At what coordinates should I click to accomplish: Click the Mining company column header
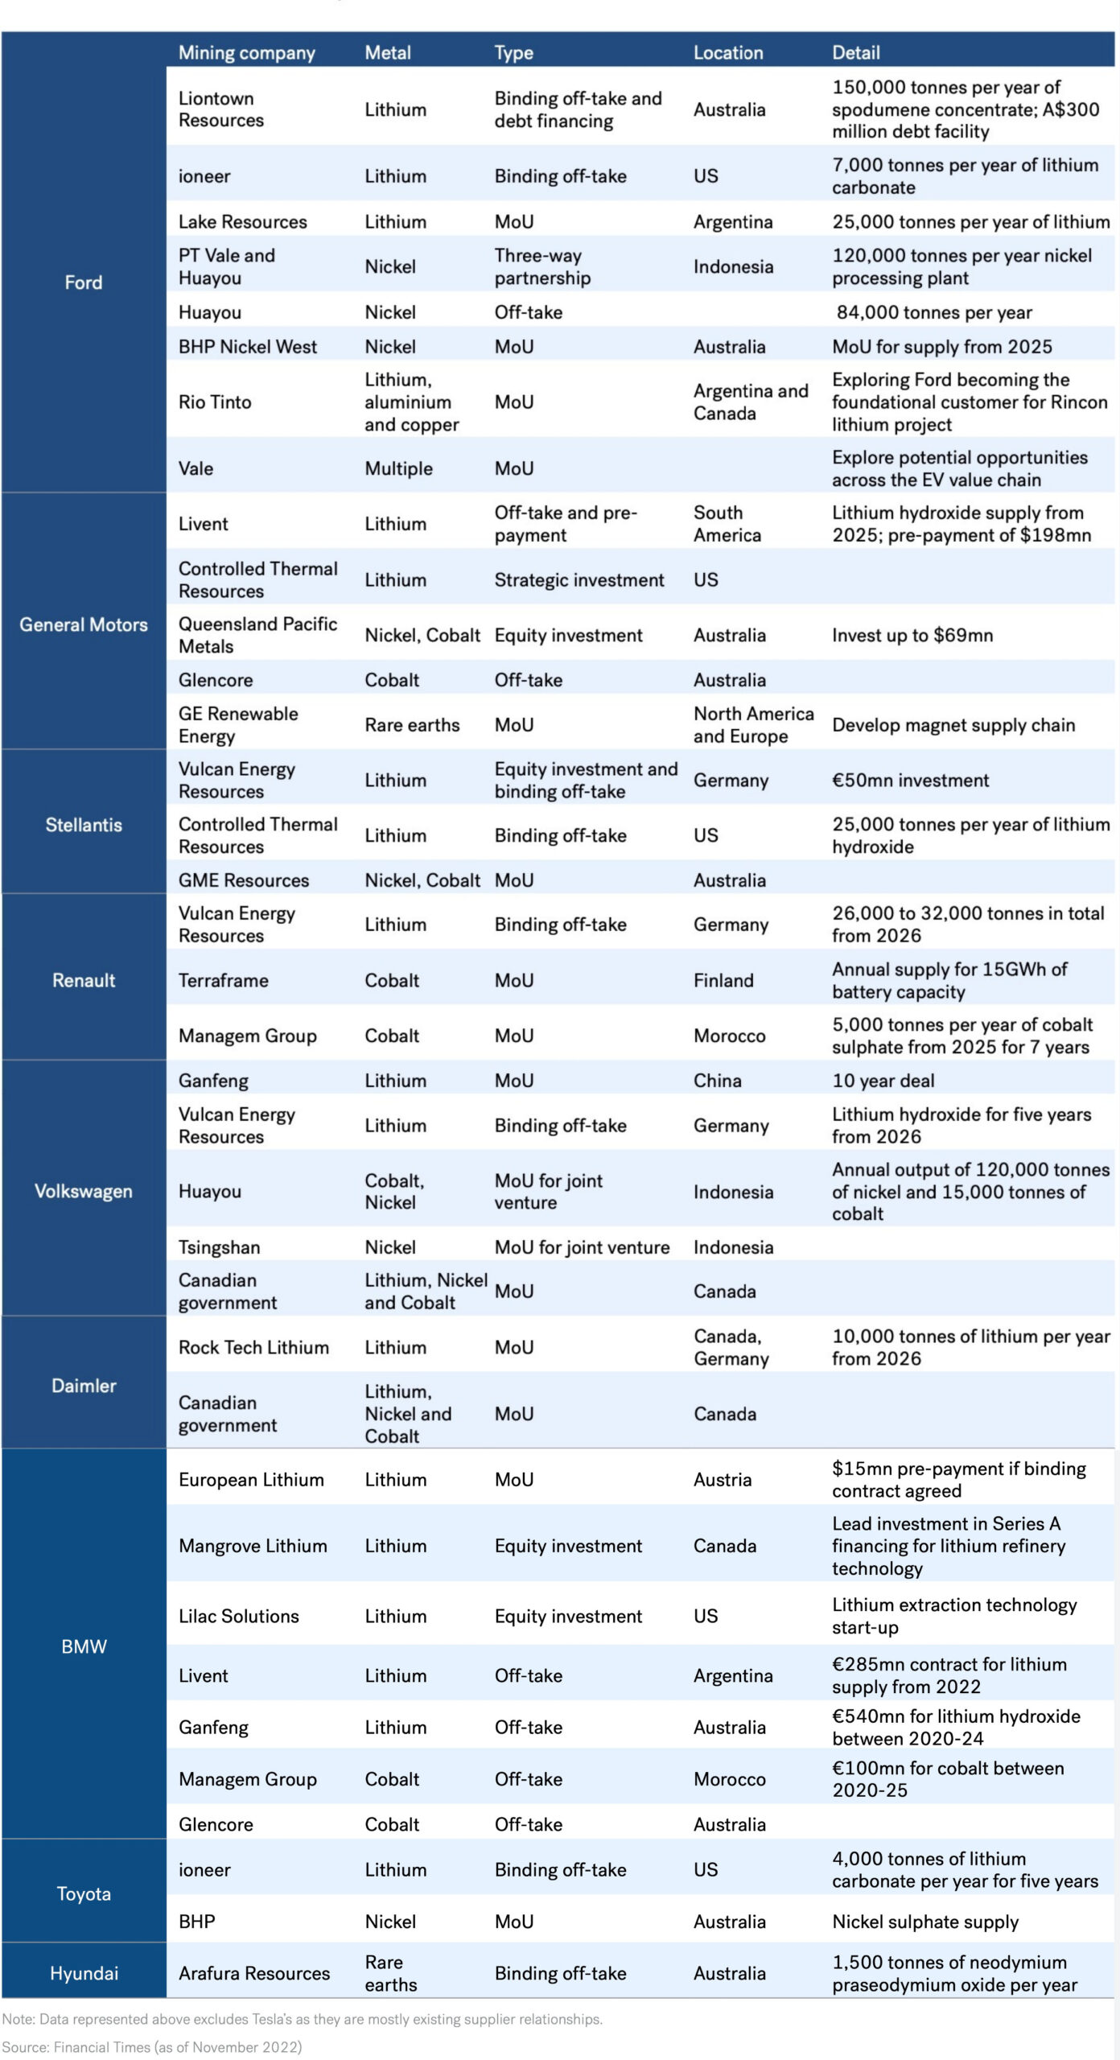(x=246, y=53)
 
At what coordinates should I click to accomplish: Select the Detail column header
(x=855, y=53)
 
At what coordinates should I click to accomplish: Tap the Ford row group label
(x=84, y=282)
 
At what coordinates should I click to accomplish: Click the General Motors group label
(x=84, y=624)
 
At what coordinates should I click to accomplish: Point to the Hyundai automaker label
(x=84, y=1973)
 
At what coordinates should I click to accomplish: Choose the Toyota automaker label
(x=84, y=1893)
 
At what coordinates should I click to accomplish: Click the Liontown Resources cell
(x=221, y=109)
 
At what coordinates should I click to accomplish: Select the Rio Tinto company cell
(x=215, y=402)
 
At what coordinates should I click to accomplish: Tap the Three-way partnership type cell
(x=542, y=266)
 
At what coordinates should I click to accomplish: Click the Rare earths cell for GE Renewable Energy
(x=412, y=725)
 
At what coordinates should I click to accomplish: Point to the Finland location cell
(x=723, y=980)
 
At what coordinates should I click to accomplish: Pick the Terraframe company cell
(x=223, y=980)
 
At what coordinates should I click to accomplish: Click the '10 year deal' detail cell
(x=883, y=1081)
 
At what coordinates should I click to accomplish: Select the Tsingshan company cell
(x=219, y=1247)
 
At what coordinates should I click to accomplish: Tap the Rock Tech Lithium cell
(x=253, y=1347)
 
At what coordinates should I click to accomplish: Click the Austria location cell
(x=722, y=1479)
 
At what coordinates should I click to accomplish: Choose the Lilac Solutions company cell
(x=238, y=1616)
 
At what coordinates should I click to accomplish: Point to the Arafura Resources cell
(x=254, y=1973)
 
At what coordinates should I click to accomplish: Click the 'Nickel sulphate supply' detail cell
(x=925, y=1922)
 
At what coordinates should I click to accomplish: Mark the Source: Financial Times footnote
(x=152, y=2046)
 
